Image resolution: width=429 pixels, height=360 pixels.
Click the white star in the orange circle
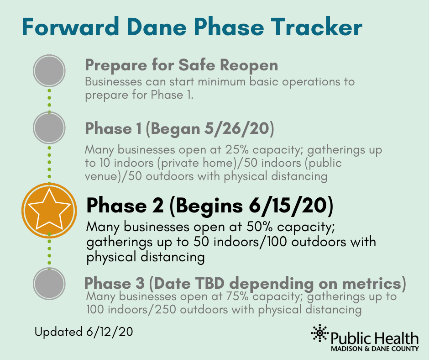click(x=49, y=210)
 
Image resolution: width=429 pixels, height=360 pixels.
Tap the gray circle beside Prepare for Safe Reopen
click(x=49, y=71)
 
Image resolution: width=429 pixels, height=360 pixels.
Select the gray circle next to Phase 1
click(x=49, y=127)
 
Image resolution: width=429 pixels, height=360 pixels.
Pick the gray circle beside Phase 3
click(x=49, y=284)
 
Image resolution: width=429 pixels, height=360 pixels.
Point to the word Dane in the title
click(x=157, y=27)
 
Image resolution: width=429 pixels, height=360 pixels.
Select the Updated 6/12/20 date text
click(x=84, y=332)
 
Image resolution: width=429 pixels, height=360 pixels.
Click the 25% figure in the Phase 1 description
click(x=237, y=149)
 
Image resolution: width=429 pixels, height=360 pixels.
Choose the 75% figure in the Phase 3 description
click(x=237, y=296)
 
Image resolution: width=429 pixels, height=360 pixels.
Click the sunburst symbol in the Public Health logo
click(x=319, y=333)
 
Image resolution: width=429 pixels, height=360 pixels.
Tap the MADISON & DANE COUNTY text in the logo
click(x=375, y=349)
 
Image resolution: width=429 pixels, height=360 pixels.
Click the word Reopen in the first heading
click(x=249, y=65)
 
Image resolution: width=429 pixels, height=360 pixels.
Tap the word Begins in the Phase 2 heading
click(x=209, y=206)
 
